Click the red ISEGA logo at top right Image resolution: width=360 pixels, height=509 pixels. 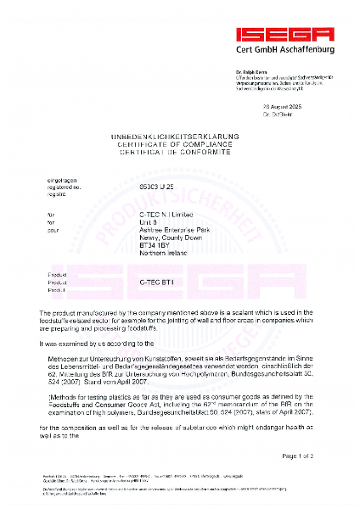coord(285,33)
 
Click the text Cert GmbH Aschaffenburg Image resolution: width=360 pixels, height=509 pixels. coord(285,50)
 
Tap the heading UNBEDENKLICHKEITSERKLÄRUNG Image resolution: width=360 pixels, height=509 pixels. coord(180,137)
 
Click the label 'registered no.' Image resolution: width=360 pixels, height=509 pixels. coord(67,185)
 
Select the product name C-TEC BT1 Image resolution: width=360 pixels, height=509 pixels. coord(157,282)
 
